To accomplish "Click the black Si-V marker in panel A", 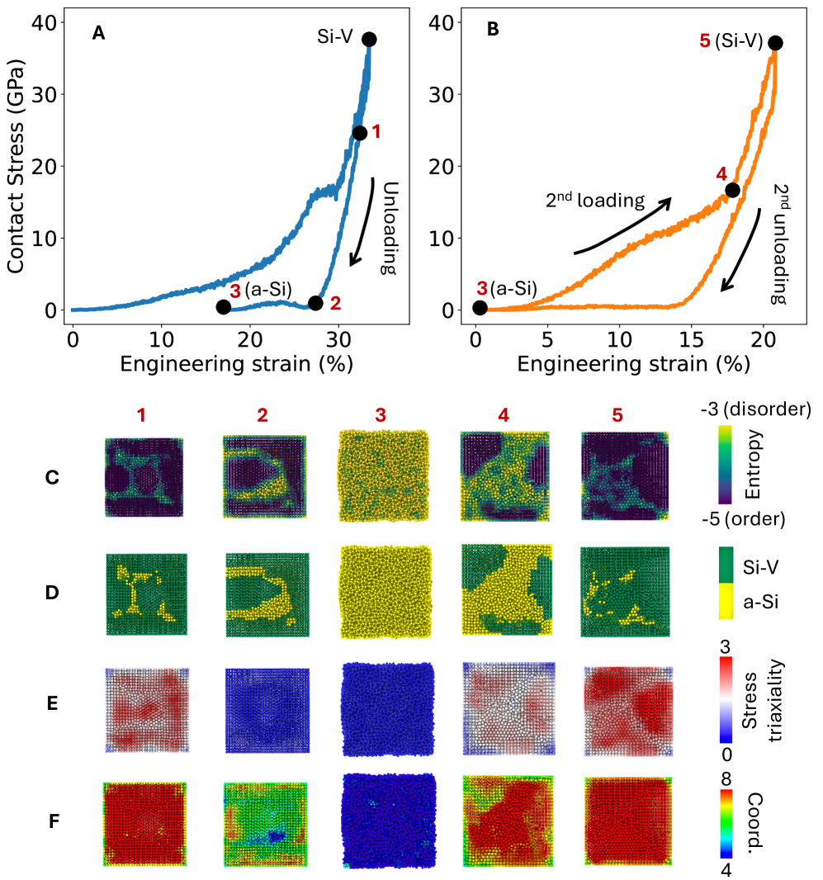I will (369, 40).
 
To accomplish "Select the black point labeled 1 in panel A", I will (360, 133).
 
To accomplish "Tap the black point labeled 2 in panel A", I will (315, 303).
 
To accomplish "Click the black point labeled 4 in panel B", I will (732, 190).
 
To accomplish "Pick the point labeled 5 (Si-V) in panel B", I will (775, 43).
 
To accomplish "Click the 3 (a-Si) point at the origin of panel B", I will (480, 308).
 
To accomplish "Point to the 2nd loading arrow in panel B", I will (623, 225).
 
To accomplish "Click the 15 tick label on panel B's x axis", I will (691, 339).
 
